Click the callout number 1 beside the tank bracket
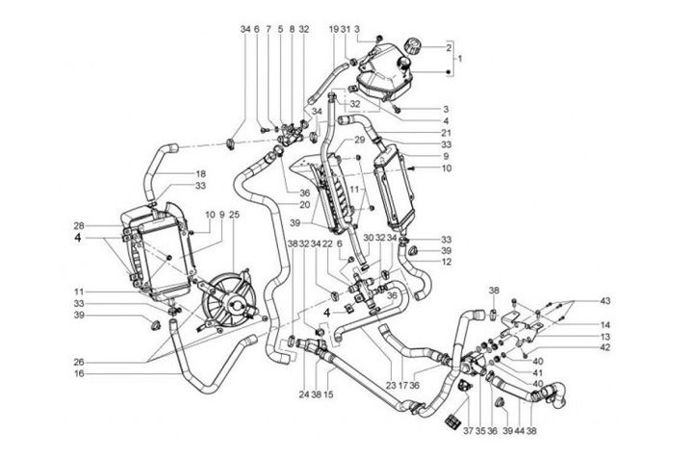click(460, 60)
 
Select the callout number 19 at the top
click(333, 29)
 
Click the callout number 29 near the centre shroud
click(332, 140)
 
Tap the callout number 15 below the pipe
click(329, 394)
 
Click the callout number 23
click(391, 385)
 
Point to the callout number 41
click(537, 372)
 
